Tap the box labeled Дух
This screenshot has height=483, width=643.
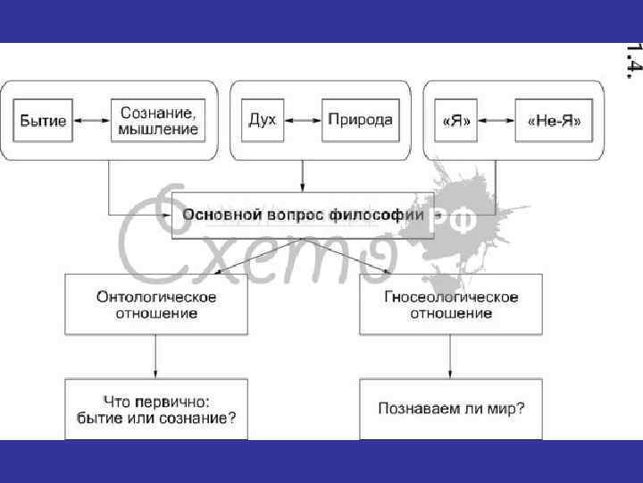263,120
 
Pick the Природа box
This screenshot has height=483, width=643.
360,120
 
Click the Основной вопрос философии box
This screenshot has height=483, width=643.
303,216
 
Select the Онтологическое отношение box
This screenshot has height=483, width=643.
155,305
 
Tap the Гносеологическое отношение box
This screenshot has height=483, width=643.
451,305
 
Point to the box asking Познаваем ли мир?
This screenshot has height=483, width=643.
451,409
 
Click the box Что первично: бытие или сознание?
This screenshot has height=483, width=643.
155,409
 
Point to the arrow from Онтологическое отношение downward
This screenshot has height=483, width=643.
155,357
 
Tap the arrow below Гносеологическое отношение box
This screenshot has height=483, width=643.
451,357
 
